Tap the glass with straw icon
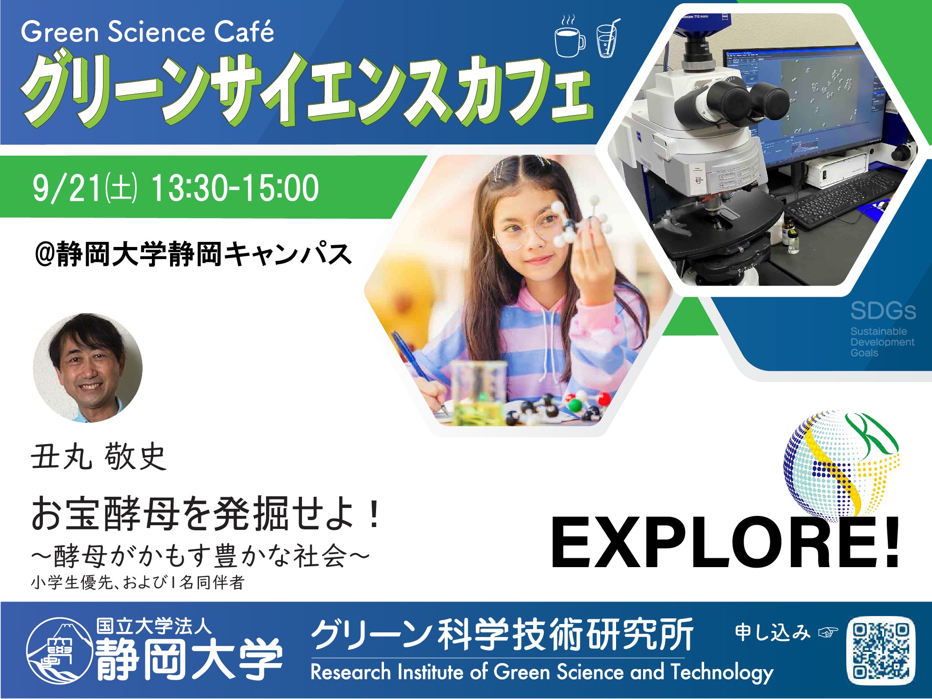(x=607, y=38)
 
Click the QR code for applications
(x=881, y=650)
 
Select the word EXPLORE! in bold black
(x=726, y=544)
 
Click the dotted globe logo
(x=842, y=462)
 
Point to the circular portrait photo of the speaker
(x=88, y=368)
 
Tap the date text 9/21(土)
(x=85, y=188)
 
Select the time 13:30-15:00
(x=235, y=188)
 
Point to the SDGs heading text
(x=883, y=311)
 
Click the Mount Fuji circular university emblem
(x=59, y=651)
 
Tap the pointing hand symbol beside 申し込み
(x=828, y=632)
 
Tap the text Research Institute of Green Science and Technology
(x=542, y=672)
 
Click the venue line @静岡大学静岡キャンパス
(x=194, y=254)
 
